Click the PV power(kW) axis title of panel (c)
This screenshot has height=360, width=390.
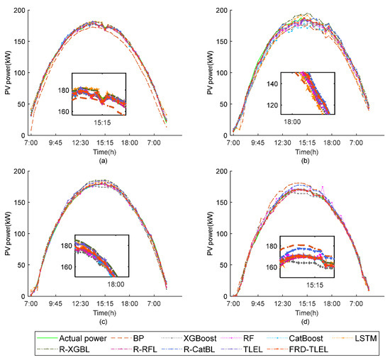click(6, 233)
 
